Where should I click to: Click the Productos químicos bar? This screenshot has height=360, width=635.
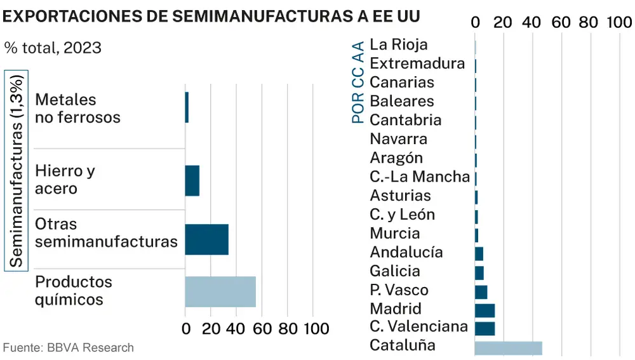coord(220,291)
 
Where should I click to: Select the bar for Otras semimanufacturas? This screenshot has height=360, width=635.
coord(206,239)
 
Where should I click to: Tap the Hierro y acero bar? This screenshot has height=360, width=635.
coord(192,180)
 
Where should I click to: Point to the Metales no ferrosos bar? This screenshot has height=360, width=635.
coord(187,107)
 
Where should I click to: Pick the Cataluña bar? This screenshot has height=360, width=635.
coord(508,348)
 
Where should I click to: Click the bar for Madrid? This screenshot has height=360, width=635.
coord(485,310)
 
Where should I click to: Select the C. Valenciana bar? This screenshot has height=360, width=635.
coord(485,328)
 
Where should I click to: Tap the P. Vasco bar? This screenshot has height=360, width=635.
coord(481,291)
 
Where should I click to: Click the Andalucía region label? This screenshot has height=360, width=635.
coord(406,253)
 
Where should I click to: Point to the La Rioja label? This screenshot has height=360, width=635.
coord(399,44)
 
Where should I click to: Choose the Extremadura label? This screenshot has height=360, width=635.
coord(417,63)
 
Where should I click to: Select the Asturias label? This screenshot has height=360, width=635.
coord(400,196)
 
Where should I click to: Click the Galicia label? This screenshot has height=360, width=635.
coord(395,272)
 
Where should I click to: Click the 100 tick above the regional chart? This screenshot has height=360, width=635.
coord(618,22)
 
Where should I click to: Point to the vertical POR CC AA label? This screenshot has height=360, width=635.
coord(358,82)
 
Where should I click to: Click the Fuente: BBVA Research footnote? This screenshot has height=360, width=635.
coord(69,347)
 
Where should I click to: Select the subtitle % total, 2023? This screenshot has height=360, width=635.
coord(53,48)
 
